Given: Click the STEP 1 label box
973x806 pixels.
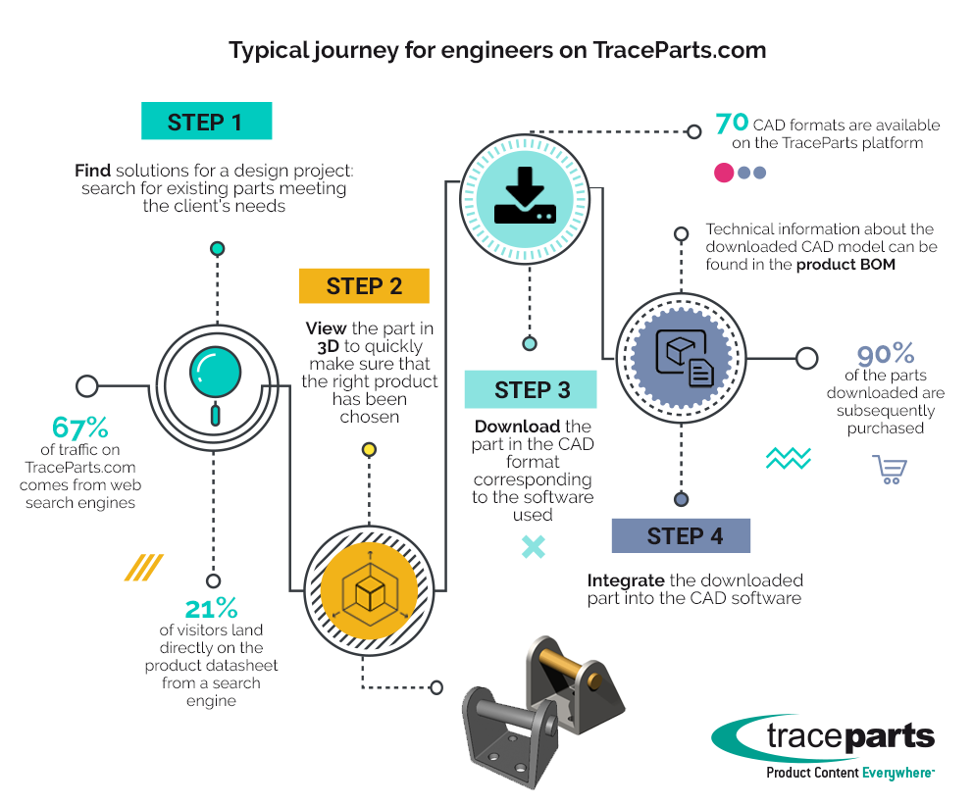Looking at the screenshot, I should point(205,122).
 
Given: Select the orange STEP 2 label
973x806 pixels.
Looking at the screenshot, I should point(364,286).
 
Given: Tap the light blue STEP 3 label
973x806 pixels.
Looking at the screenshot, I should point(532,389).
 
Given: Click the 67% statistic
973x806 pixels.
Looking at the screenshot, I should point(80,428).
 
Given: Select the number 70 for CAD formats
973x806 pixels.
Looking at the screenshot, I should point(732,124).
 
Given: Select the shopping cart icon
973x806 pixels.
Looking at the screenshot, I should point(889,470).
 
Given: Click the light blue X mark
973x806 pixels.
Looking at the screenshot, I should point(533,546).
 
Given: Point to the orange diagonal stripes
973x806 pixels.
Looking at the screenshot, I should point(143,567).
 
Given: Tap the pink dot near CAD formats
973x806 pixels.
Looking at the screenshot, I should point(724,173).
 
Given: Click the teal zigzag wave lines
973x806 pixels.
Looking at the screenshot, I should point(788,458).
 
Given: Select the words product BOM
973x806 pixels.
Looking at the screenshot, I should point(845,264).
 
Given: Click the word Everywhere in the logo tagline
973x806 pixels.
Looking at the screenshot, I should point(896,773).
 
